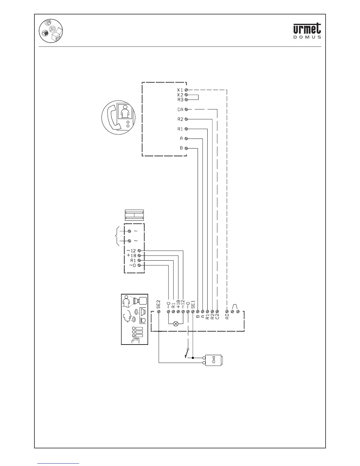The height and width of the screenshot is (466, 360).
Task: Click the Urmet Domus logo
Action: [x=307, y=31]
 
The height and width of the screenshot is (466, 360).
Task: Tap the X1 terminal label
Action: [x=180, y=90]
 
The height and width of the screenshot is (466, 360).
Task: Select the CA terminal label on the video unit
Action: [x=180, y=109]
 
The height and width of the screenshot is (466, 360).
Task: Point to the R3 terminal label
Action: [x=180, y=100]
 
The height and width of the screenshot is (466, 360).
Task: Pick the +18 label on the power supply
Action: [x=131, y=256]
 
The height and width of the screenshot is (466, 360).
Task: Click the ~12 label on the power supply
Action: [x=131, y=251]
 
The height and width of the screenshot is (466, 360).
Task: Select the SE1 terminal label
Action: [x=193, y=304]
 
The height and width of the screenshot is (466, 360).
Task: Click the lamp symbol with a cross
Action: [x=176, y=324]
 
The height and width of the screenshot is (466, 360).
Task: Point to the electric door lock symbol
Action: [x=215, y=360]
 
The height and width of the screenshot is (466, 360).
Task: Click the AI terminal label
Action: [x=227, y=317]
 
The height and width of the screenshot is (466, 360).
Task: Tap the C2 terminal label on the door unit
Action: [x=217, y=317]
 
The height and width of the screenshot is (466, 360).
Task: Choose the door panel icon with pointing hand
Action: [x=135, y=319]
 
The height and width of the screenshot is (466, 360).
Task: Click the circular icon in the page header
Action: [x=51, y=31]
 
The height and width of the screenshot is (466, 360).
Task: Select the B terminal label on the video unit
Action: [x=181, y=148]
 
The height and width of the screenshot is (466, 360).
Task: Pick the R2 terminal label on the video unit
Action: [x=180, y=119]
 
